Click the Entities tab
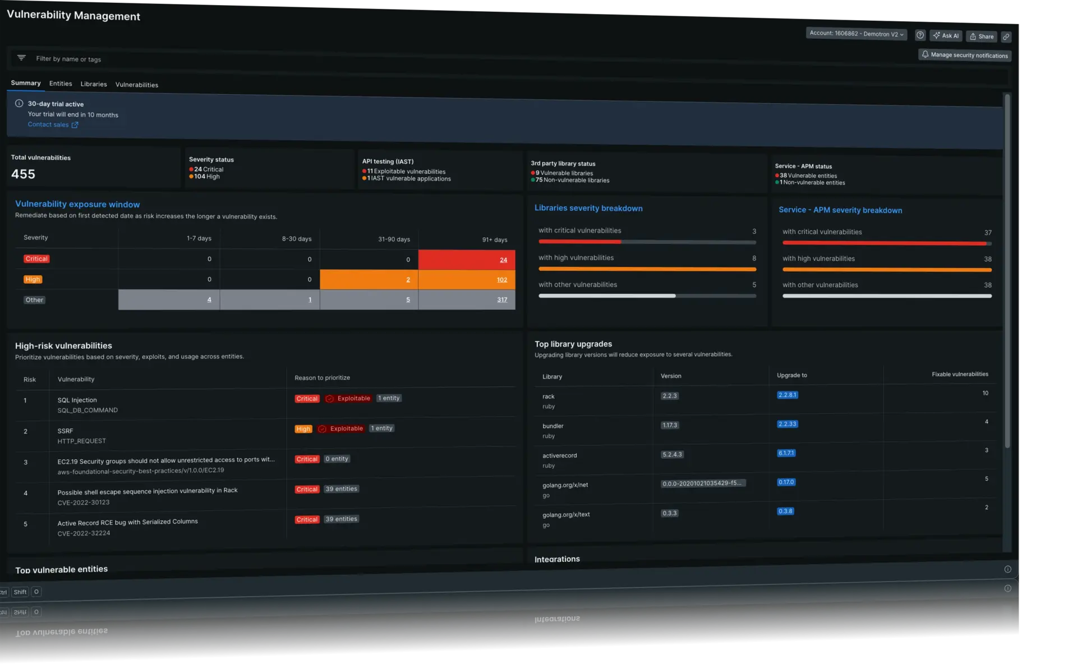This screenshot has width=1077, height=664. pyautogui.click(x=61, y=84)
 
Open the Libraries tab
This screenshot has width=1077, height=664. pyautogui.click(x=94, y=84)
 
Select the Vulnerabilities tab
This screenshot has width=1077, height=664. pyautogui.click(x=137, y=85)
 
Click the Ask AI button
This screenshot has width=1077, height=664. pyautogui.click(x=946, y=36)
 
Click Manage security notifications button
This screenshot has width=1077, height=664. pyautogui.click(x=965, y=55)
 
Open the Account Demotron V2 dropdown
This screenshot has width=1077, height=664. pyautogui.click(x=856, y=34)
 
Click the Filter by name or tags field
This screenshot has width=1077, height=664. pyautogui.click(x=68, y=59)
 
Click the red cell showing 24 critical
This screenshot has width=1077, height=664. pyautogui.click(x=466, y=260)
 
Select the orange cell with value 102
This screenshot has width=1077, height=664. pyautogui.click(x=466, y=280)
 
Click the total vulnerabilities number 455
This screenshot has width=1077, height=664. pyautogui.click(x=23, y=174)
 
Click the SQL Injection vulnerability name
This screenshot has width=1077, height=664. pyautogui.click(x=77, y=400)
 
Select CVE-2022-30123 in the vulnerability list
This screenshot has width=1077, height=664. pyautogui.click(x=83, y=502)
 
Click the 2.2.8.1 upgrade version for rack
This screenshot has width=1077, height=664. pyautogui.click(x=788, y=395)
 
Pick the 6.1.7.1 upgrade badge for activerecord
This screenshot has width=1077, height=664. pyautogui.click(x=786, y=453)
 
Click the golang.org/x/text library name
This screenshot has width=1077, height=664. pyautogui.click(x=566, y=514)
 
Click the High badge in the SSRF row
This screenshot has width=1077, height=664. pyautogui.click(x=303, y=429)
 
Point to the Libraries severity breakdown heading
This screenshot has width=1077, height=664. pyautogui.click(x=588, y=208)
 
